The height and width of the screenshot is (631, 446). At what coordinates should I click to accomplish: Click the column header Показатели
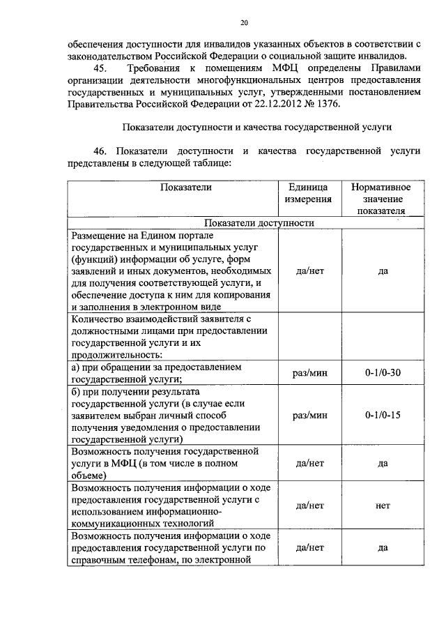click(x=185, y=187)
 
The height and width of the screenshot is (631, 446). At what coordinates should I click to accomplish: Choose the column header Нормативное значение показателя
click(x=380, y=199)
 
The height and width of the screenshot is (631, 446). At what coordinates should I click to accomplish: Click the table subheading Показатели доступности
click(x=259, y=223)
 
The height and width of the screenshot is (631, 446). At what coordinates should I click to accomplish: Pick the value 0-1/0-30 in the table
click(x=383, y=373)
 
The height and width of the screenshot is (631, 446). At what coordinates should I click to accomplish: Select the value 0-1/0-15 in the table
click(x=383, y=415)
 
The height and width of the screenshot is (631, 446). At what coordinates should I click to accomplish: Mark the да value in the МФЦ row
click(x=383, y=464)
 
